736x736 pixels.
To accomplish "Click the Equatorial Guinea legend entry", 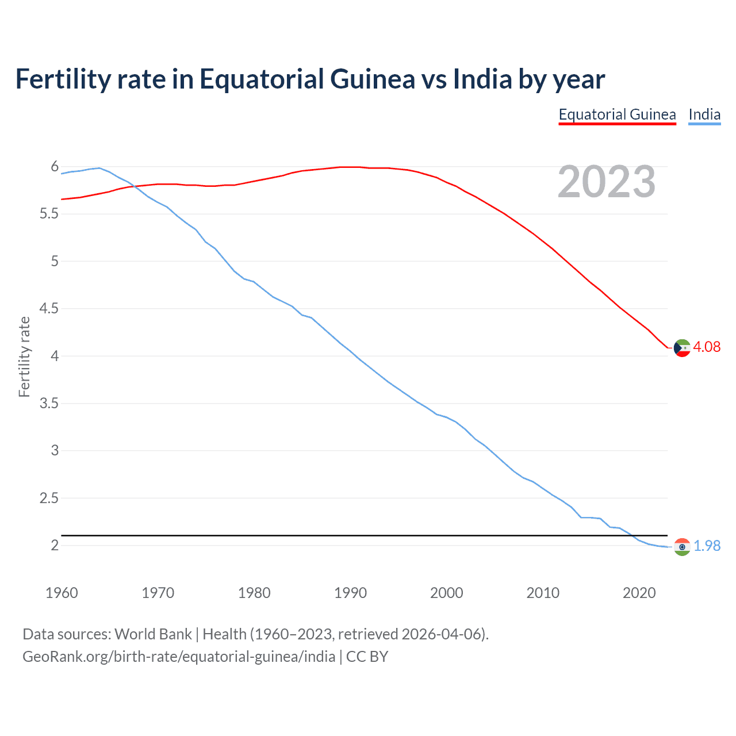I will click(x=617, y=114).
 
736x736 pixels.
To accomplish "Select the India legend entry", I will click(x=704, y=114).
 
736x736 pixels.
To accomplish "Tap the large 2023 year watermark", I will click(x=607, y=182).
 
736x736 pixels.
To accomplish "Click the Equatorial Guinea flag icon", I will click(x=682, y=348).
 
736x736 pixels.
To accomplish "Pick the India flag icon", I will click(x=682, y=547).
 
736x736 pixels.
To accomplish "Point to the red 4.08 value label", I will click(x=707, y=347).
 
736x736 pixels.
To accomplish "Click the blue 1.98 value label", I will click(x=707, y=546).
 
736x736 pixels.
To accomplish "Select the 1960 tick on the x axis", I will click(x=62, y=593).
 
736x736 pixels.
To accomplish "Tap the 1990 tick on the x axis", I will click(x=350, y=593).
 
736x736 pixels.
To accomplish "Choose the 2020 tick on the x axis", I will click(x=639, y=593).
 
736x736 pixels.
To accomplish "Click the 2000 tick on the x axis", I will click(x=446, y=593).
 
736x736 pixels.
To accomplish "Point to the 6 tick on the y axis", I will click(x=55, y=167).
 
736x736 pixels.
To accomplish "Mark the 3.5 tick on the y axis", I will click(x=49, y=403).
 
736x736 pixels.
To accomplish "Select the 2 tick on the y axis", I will click(x=55, y=545).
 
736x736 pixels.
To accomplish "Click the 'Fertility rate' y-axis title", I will click(x=24, y=356).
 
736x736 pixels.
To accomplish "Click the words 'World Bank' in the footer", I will click(x=153, y=634).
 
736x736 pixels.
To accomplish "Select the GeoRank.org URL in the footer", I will click(x=179, y=657).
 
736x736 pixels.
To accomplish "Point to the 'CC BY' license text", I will click(x=367, y=657).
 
